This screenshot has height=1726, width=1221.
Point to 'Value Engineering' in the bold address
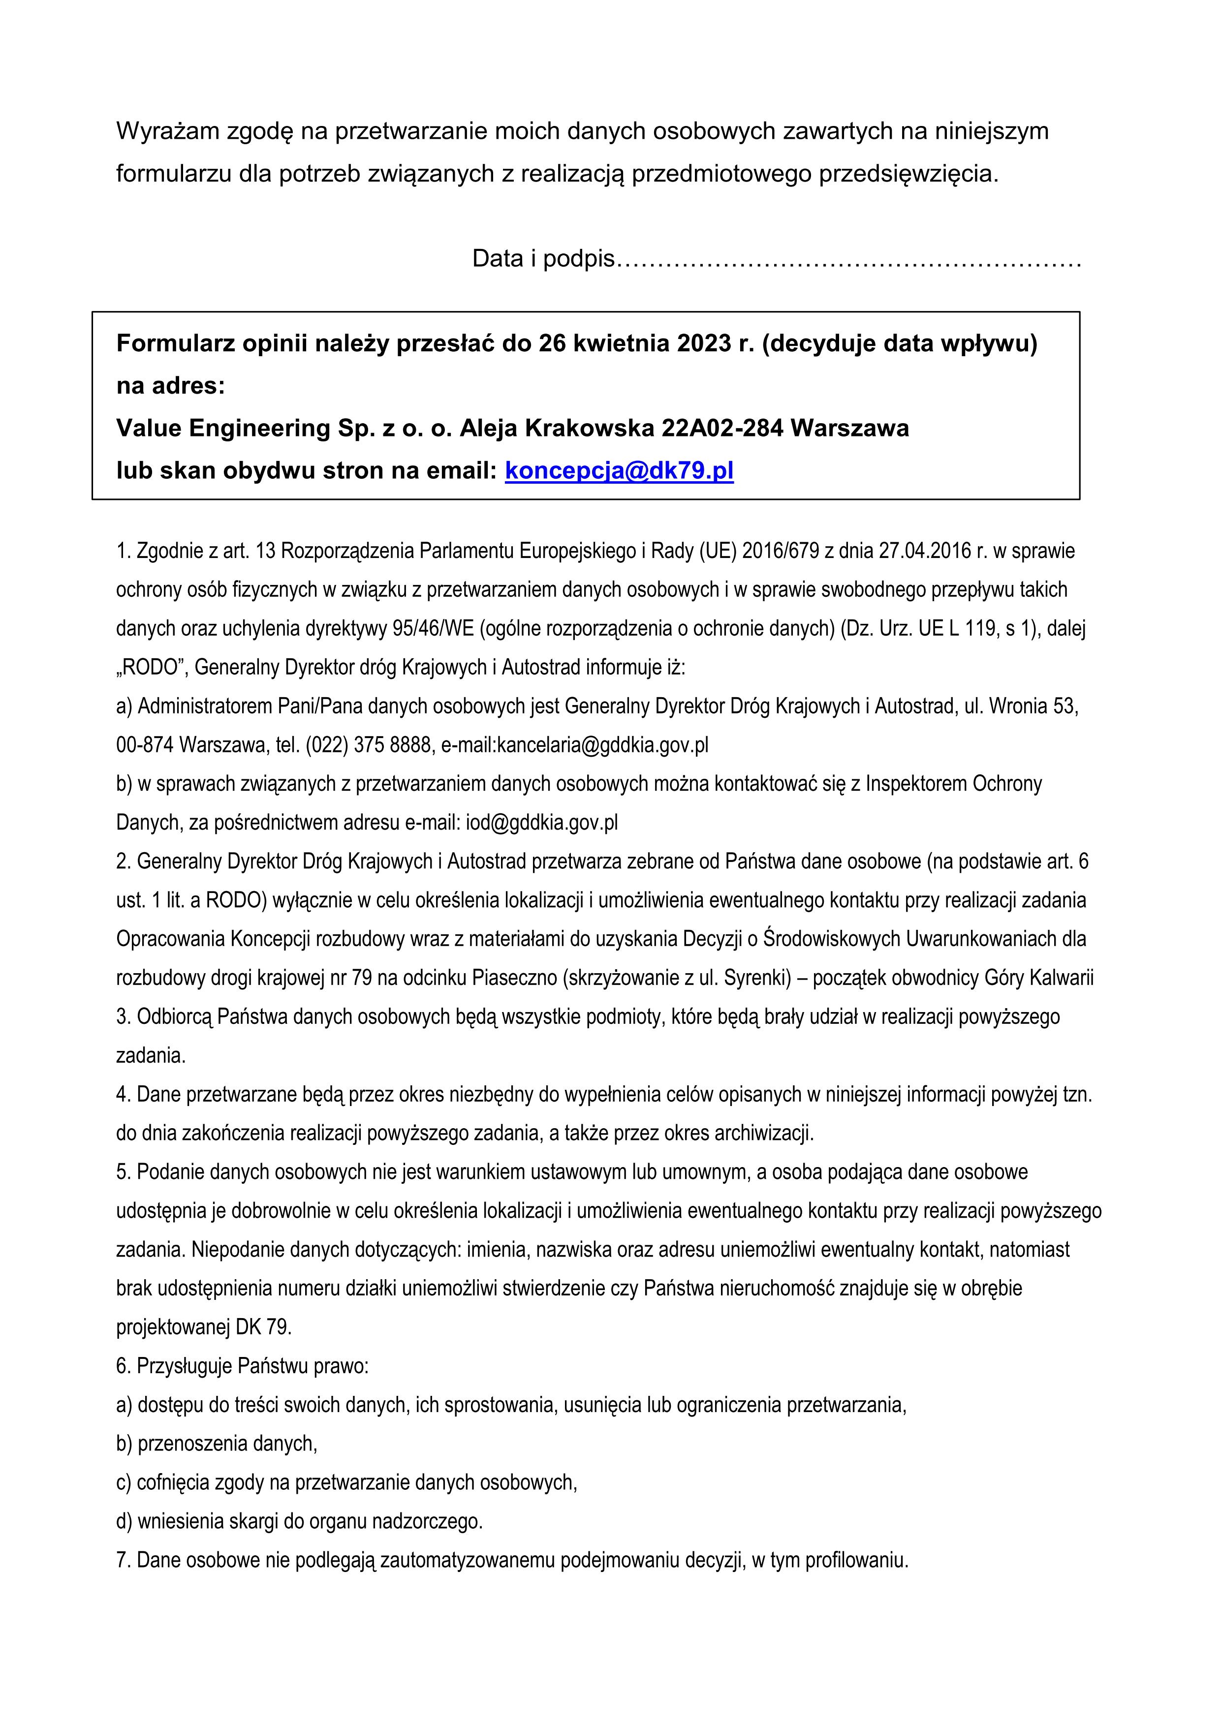click(221, 429)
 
